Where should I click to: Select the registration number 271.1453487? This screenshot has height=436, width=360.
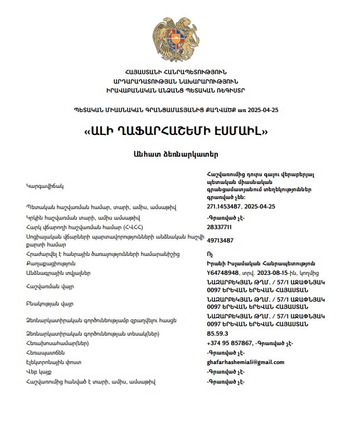pos(225,207)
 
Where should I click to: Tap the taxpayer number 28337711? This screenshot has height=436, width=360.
pos(219,227)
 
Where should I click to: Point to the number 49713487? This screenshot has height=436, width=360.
pos(220,240)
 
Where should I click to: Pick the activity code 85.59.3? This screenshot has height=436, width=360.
pos(217,333)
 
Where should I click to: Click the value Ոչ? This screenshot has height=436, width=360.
pos(210,254)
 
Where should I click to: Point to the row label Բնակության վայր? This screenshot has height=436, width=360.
pos(50,303)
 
